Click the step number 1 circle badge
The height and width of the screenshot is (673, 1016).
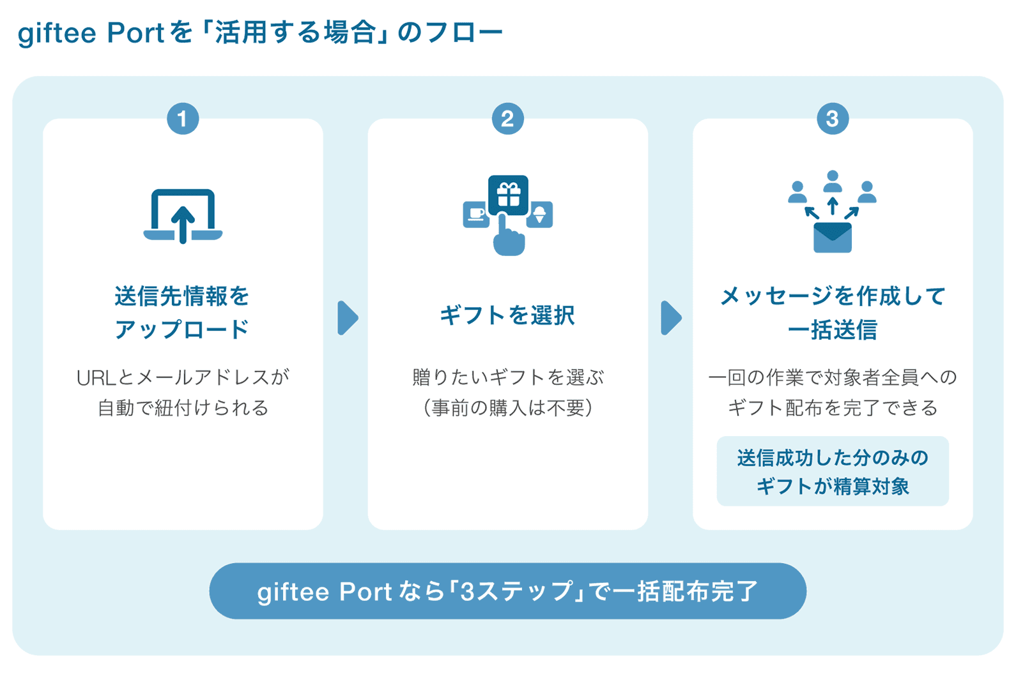pos(183,119)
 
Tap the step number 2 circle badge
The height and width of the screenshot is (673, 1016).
pos(507,119)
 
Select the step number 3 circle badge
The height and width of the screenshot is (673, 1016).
pos(832,119)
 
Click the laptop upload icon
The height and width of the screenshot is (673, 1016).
pos(183,216)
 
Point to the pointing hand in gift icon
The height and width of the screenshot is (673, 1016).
pos(508,238)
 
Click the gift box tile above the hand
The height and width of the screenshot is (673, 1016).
pos(508,194)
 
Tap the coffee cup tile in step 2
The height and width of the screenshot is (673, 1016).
pos(475,214)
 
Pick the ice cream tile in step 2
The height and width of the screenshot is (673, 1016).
pos(540,214)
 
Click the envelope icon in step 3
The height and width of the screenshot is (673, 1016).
pos(832,238)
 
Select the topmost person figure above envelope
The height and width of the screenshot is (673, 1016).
pos(832,181)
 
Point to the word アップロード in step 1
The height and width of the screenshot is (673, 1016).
pos(182,329)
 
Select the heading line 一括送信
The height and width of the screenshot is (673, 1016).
pos(832,329)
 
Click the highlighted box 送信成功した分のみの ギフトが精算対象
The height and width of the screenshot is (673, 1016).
pos(832,471)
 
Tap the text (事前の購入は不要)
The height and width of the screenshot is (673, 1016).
pos(507,407)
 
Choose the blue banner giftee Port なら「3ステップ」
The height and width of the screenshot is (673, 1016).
pos(507,591)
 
